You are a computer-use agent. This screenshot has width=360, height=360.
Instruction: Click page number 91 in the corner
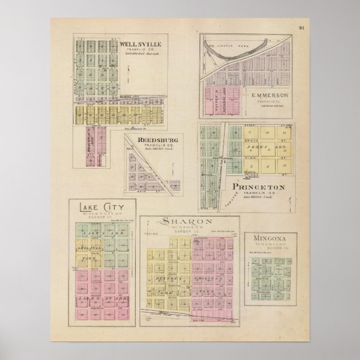[x=301, y=27]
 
